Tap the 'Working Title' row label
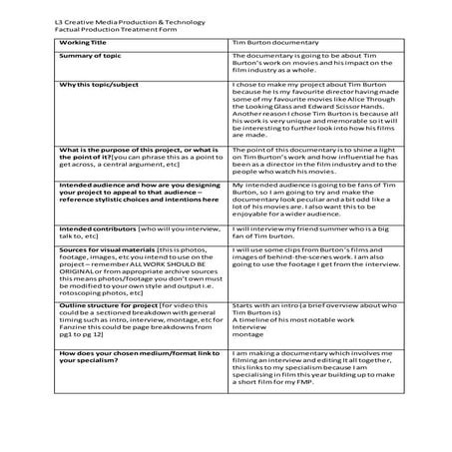[x=82, y=44]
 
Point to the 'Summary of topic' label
[x=89, y=57]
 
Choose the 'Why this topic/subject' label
[x=97, y=87]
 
